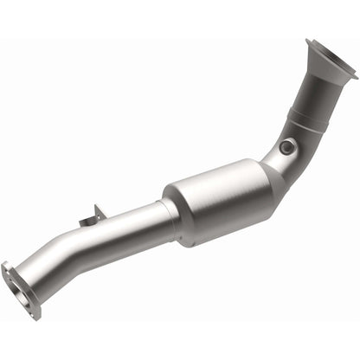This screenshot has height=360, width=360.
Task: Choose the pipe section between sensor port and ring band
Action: [298, 133]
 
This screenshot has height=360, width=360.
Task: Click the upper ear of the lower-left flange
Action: [9, 267]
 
